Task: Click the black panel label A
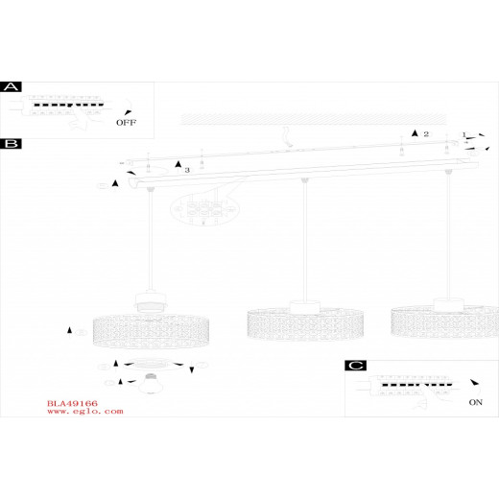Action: tap(11, 86)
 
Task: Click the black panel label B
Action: tap(11, 144)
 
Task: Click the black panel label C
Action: tap(356, 366)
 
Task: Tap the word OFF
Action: tap(126, 123)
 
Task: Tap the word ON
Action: tap(475, 402)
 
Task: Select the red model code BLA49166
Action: tap(72, 403)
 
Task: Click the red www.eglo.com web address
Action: tap(85, 412)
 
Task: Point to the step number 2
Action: tap(426, 134)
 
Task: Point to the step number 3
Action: tap(187, 170)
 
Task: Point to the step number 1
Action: tap(464, 135)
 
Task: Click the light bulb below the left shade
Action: tap(151, 383)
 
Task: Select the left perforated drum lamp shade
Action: tap(151, 331)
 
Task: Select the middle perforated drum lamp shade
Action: tap(305, 323)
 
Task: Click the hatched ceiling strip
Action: tap(314, 119)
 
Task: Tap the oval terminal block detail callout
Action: tap(205, 208)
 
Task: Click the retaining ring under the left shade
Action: tap(151, 365)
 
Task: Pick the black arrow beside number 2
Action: tap(415, 133)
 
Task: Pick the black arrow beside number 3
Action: tap(178, 164)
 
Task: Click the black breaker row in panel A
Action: tap(69, 105)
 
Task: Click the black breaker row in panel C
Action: tap(417, 385)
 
